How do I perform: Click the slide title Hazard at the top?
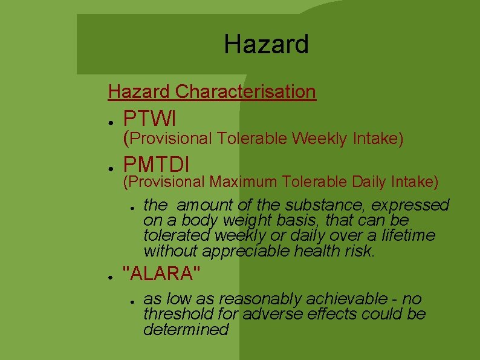point(266,44)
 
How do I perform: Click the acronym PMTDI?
point(156,163)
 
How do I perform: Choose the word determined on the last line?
point(186,330)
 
